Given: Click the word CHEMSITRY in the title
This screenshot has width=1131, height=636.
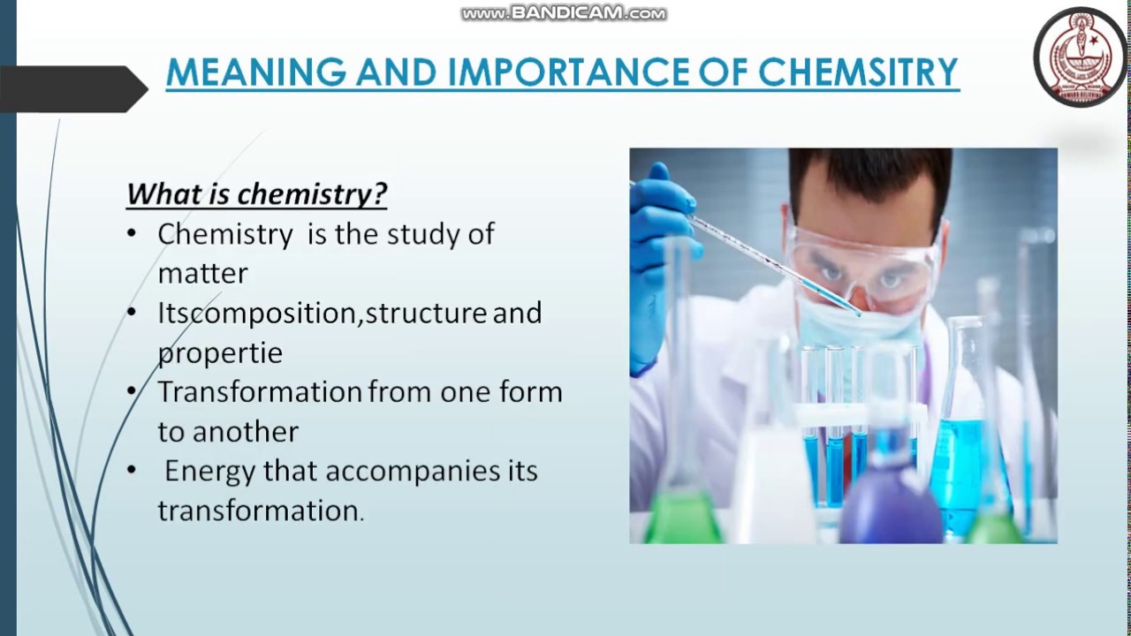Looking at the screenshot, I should [858, 72].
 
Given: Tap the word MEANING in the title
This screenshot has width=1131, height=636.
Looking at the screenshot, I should [255, 72].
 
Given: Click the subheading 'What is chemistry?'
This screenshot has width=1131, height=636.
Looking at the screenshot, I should [256, 193].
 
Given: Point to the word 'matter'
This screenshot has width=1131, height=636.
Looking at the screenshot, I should [202, 273].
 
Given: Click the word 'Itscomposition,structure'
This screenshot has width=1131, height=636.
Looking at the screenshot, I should [322, 313].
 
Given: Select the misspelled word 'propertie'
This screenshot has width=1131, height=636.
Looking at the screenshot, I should [220, 352].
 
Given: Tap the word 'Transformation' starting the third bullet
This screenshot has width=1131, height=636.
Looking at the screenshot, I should [260, 391].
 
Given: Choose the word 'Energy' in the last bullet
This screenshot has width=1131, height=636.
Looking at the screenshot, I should [209, 471].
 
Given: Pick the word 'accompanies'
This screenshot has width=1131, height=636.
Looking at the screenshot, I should [412, 471].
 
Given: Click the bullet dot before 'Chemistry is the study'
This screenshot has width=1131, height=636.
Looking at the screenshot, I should [132, 234].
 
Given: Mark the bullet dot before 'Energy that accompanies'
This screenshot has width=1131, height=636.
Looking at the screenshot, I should [132, 471].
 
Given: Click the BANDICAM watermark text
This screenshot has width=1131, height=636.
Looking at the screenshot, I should [564, 13].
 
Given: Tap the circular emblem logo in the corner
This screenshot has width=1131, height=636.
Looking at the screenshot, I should [1080, 57].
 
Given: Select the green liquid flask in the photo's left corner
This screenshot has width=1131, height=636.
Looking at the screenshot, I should [681, 517].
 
